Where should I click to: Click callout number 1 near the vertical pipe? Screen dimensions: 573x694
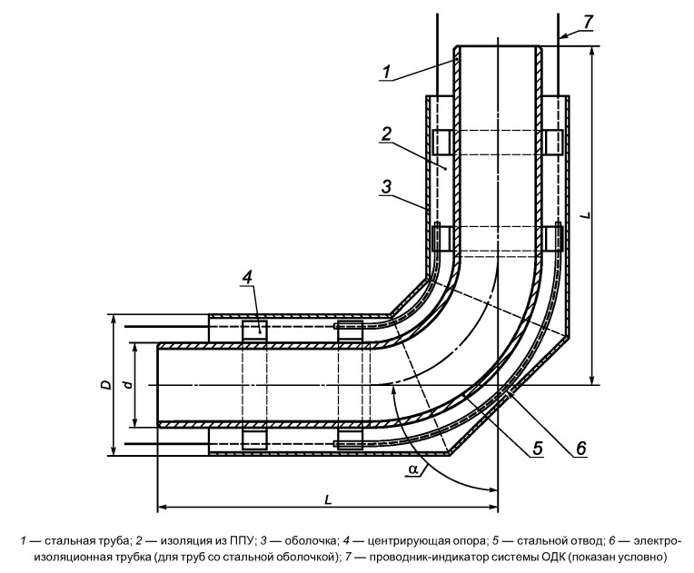[387, 73]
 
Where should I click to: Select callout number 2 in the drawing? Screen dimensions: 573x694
[386, 134]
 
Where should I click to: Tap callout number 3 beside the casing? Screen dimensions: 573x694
[386, 187]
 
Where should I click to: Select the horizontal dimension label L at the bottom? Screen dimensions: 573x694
[328, 500]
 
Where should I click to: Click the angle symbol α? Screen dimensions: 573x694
[413, 469]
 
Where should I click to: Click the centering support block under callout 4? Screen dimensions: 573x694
[254, 331]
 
